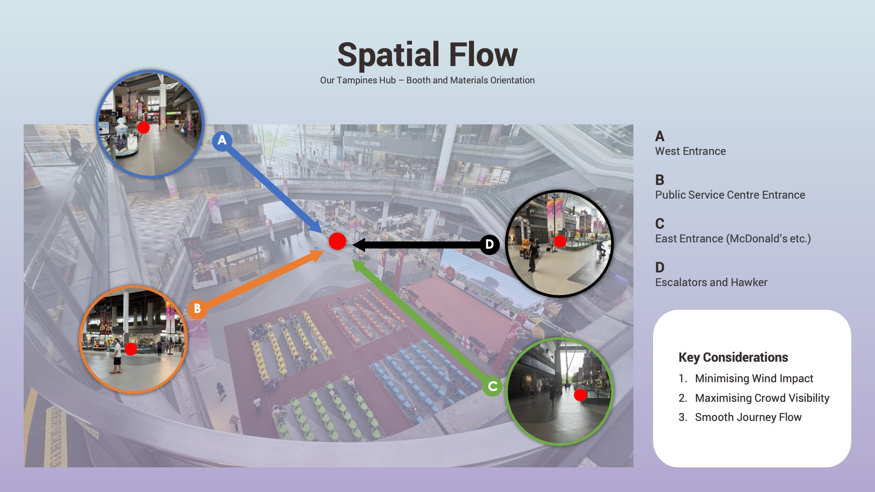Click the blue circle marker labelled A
222,140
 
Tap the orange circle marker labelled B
197,308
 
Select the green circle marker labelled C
492,387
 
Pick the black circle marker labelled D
489,245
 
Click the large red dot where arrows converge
337,241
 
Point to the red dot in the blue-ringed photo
144,127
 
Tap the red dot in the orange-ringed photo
131,349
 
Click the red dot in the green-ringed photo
580,395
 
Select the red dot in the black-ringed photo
560,241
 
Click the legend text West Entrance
690,151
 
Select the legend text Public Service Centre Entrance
730,195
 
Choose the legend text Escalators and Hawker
711,282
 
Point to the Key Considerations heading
733,357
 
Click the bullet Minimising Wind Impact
754,379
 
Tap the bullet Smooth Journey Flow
748,417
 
